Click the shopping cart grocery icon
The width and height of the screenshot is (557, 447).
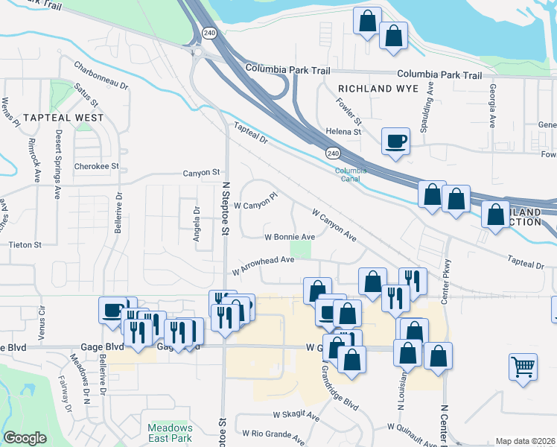coord(523,366)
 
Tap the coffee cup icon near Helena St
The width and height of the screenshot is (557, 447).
coord(395,140)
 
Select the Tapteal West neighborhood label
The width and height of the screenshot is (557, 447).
coord(63,118)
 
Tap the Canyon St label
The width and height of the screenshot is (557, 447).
coord(202,173)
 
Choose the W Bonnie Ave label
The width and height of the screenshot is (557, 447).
coord(290,237)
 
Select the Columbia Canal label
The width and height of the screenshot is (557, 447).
coord(350,174)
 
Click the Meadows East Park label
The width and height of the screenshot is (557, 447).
coord(170,432)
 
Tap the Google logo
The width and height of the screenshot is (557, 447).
coord(25,438)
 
